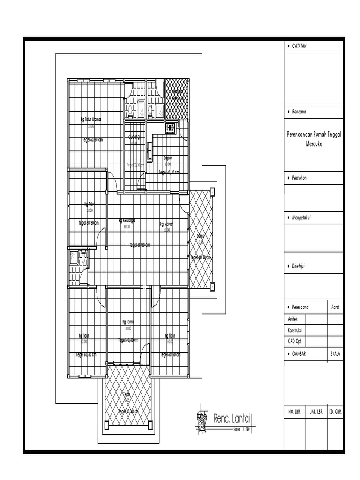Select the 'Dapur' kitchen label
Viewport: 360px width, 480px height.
point(167,158)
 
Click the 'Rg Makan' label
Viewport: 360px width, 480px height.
point(166,224)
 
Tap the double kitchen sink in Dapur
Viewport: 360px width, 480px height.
point(150,151)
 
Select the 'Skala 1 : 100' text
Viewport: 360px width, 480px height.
point(244,428)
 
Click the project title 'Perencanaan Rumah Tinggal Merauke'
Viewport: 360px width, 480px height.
point(314,139)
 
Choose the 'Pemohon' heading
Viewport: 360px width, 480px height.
point(300,179)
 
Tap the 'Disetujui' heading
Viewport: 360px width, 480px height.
point(299,266)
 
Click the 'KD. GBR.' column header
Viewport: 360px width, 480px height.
point(335,412)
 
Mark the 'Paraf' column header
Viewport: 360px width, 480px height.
point(335,307)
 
